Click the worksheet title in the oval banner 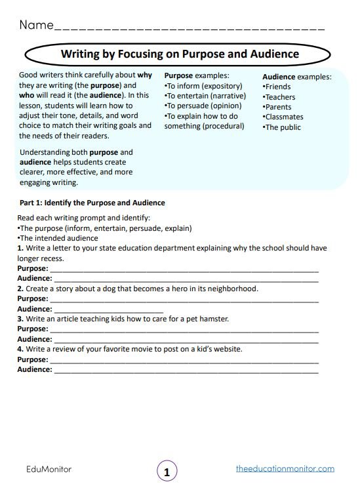click(x=180, y=54)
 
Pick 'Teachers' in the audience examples click(x=280, y=97)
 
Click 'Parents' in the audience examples click(x=278, y=107)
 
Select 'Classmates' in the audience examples click(x=284, y=117)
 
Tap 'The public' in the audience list click(x=283, y=127)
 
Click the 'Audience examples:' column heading click(x=296, y=76)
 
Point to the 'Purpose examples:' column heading click(x=197, y=75)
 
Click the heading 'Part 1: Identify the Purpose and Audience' click(x=92, y=203)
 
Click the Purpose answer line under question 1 click(x=184, y=270)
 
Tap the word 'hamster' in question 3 click(x=213, y=319)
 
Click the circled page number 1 click(x=167, y=471)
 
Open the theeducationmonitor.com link click(x=285, y=468)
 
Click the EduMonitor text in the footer click(x=49, y=469)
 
